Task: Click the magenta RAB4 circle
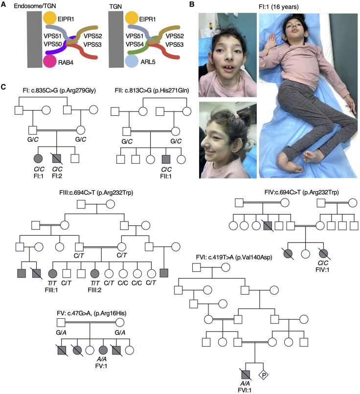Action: click(50, 62)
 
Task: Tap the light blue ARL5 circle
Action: click(132, 61)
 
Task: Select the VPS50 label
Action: click(53, 44)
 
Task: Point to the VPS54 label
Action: click(135, 44)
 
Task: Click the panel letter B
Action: click(192, 4)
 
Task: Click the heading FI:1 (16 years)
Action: click(278, 7)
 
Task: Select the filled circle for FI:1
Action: click(38, 158)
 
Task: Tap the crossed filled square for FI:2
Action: click(57, 158)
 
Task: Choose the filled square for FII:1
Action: click(166, 159)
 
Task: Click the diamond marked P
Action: click(264, 375)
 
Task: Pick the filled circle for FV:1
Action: click(103, 350)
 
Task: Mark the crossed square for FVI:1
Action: click(246, 375)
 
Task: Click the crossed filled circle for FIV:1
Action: click(323, 254)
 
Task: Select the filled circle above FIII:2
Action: click(95, 273)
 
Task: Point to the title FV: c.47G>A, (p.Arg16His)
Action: click(91, 313)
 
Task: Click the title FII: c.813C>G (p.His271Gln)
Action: click(152, 90)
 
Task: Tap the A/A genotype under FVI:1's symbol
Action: click(245, 384)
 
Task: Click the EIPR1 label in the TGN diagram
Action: click(148, 19)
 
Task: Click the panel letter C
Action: click(3, 87)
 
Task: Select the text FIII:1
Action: click(51, 290)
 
